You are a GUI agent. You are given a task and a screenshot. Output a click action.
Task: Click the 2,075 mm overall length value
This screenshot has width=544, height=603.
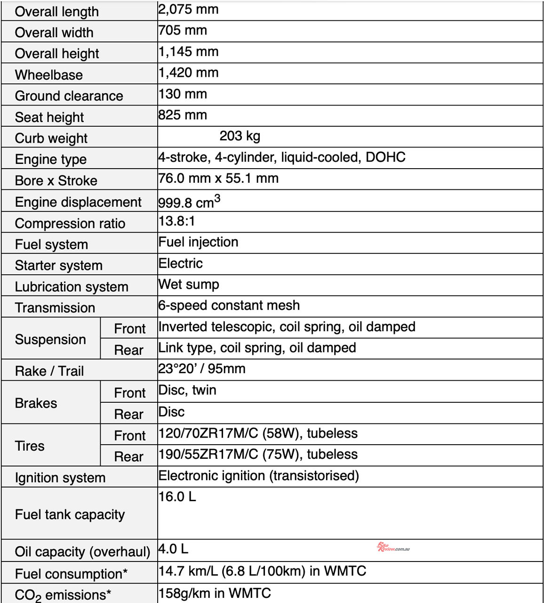pos(188,9)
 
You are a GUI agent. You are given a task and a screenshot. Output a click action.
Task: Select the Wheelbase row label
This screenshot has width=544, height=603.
pos(49,75)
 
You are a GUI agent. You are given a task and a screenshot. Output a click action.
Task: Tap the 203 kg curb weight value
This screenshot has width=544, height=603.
pos(240,136)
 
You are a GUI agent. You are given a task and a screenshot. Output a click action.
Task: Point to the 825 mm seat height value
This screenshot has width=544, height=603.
pos(183,115)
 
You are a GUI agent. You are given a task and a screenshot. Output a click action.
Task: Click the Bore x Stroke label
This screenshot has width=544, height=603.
pos(56,181)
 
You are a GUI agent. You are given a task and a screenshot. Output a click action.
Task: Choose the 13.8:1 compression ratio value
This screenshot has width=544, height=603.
pos(176,221)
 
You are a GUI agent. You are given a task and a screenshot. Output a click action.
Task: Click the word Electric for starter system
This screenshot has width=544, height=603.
pos(181,263)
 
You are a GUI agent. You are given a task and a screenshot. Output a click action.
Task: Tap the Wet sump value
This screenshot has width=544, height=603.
pos(189,285)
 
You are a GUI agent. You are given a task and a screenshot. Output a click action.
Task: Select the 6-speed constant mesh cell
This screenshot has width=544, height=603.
pos(229,306)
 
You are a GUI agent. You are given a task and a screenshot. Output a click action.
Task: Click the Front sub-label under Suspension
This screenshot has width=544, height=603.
pos(130,329)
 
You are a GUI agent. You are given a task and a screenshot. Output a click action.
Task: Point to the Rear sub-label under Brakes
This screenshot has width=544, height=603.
pos(128,415)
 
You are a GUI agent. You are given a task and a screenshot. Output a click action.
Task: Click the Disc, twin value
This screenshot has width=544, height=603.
pos(187,391)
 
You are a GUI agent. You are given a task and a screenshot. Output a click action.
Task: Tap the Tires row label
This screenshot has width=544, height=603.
pos(30,446)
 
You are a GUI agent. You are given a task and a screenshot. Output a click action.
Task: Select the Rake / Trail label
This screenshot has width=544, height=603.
pos(49,371)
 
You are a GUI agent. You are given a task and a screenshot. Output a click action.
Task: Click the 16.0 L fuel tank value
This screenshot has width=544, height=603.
pos(177,497)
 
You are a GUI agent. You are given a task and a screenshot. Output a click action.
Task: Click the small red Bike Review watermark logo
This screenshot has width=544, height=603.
pos(393,547)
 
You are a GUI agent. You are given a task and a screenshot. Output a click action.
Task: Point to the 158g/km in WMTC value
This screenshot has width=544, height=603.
pos(215,593)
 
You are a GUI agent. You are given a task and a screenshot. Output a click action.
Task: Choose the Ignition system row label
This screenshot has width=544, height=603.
pos(60,478)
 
